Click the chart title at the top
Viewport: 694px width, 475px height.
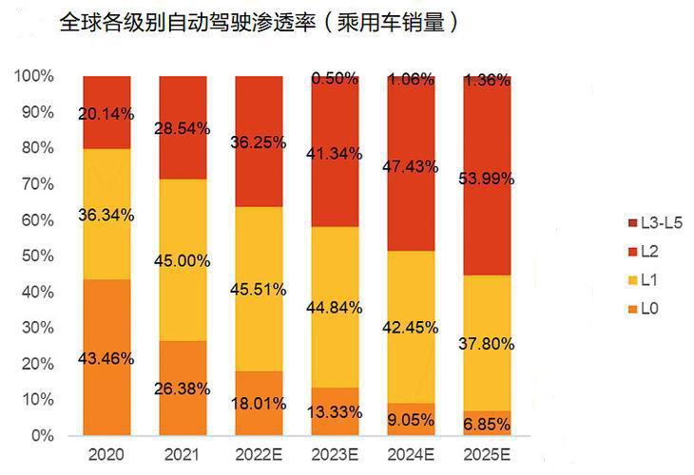[x=260, y=23]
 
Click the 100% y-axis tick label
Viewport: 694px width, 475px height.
[x=34, y=75]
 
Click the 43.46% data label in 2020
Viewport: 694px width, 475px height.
[x=106, y=359]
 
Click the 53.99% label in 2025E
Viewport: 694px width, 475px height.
[x=487, y=179]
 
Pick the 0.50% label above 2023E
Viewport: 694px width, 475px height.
[x=335, y=78]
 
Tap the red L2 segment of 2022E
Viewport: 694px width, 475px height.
[x=259, y=171]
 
